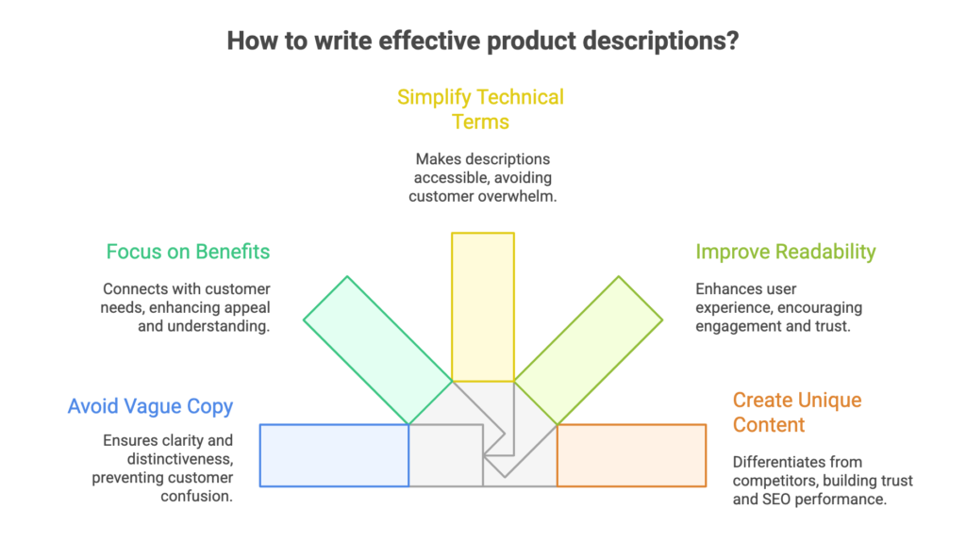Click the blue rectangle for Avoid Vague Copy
[334, 455]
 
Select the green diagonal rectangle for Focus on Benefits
[377, 350]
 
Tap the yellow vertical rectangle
[482, 306]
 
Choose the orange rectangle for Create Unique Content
[631, 455]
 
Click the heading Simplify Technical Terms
[481, 109]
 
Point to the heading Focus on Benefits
[188, 252]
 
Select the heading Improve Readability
[786, 252]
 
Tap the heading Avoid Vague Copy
[150, 407]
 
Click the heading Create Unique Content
[797, 412]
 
